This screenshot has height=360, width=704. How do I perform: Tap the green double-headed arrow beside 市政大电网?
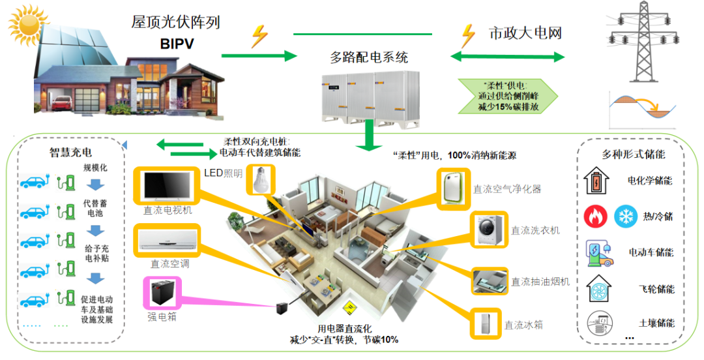[508, 57]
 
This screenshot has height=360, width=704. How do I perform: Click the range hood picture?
[489, 280]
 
